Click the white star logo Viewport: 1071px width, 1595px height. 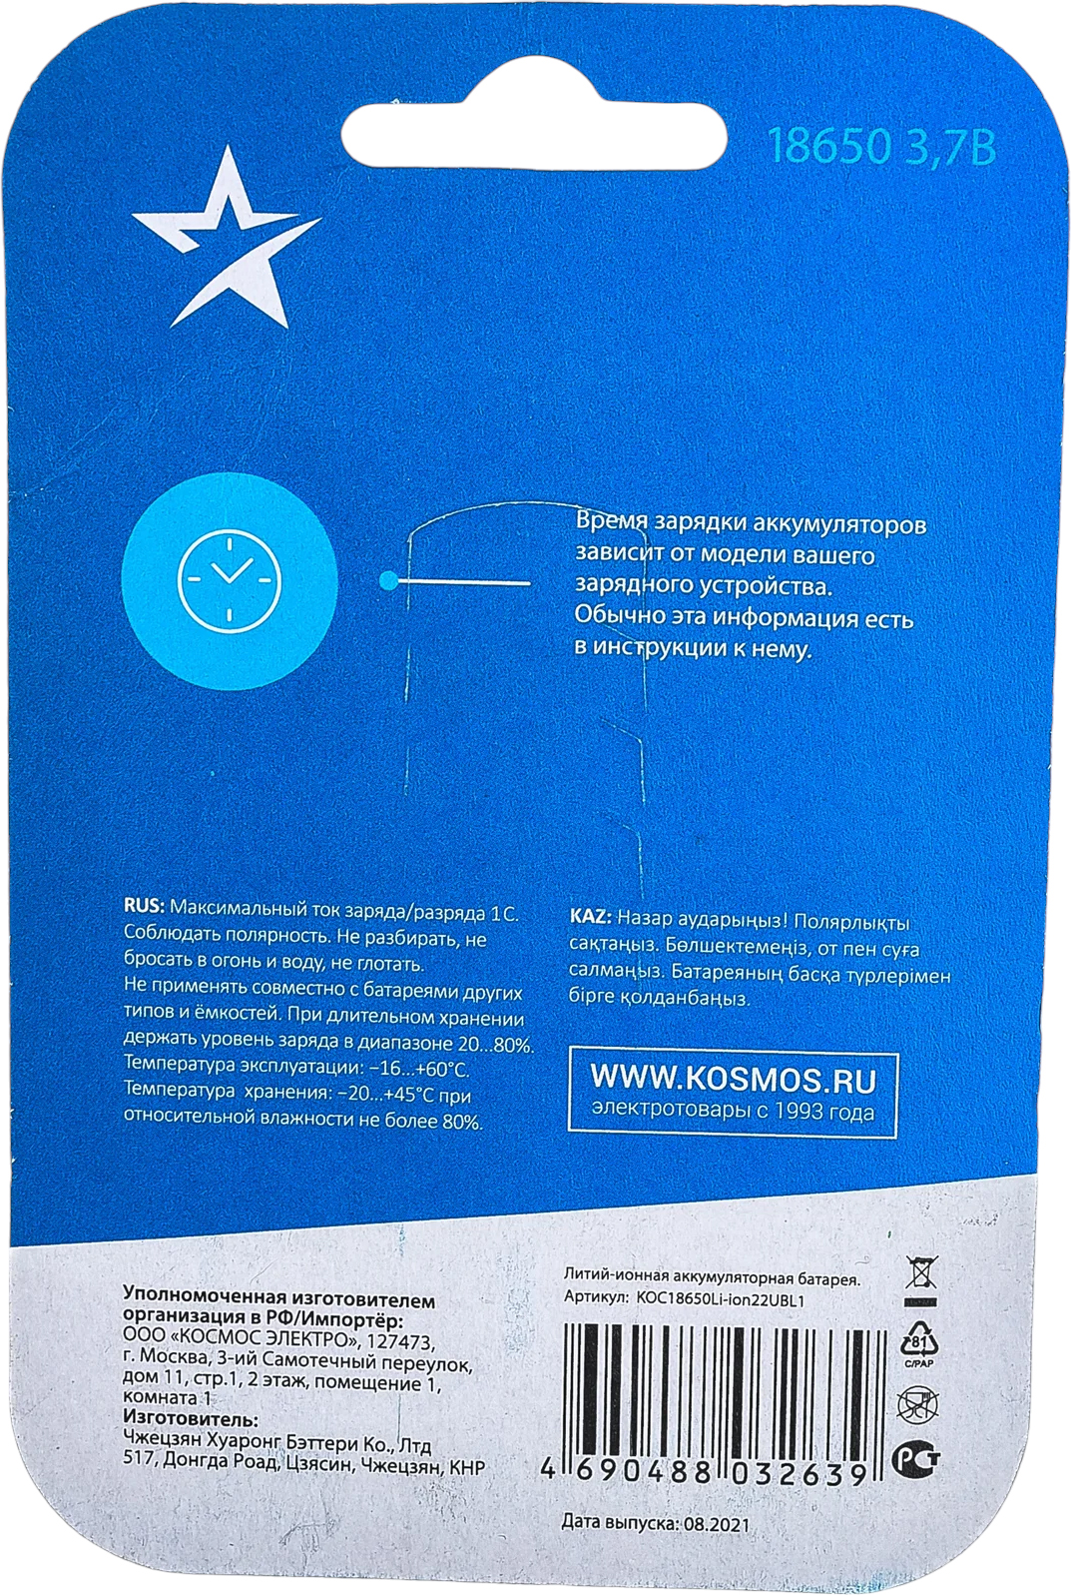click(x=225, y=245)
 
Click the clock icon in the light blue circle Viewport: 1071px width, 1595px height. click(x=230, y=580)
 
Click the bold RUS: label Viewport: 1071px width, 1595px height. click(x=144, y=907)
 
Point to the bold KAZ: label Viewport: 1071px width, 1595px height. click(x=590, y=917)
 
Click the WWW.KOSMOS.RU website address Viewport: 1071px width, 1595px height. click(x=733, y=1079)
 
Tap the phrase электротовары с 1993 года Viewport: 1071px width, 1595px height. click(x=733, y=1112)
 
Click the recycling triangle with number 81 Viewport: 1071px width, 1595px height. click(x=919, y=1341)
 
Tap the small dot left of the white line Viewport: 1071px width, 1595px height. click(x=388, y=580)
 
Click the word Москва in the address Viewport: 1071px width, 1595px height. click(x=176, y=1361)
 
